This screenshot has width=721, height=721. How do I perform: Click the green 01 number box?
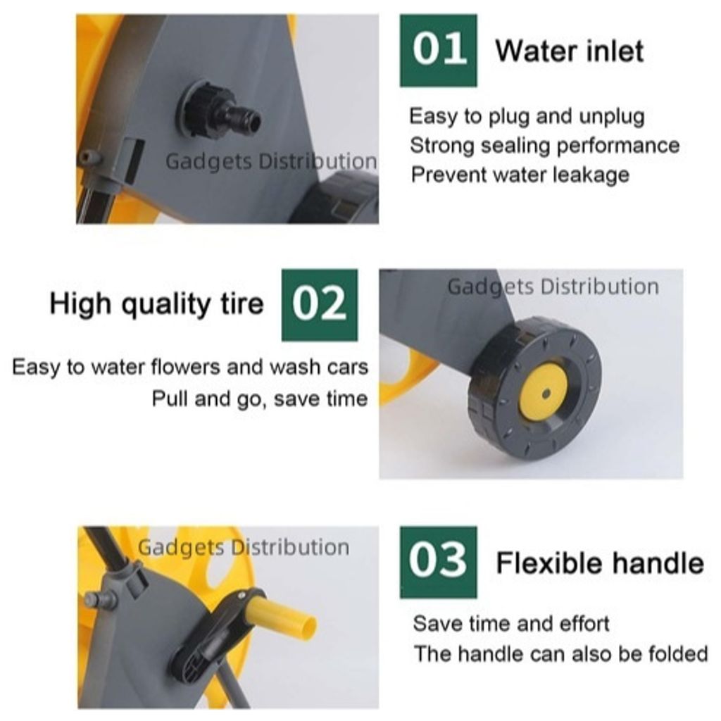click(x=438, y=51)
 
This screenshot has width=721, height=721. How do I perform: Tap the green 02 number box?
click(x=320, y=305)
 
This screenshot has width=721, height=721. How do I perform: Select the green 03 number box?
click(x=438, y=562)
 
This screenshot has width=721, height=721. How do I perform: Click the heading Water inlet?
click(x=569, y=51)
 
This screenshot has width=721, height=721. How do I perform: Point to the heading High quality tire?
click(x=156, y=304)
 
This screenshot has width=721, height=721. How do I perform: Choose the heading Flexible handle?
click(x=600, y=563)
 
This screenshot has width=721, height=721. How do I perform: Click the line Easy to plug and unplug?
click(x=527, y=117)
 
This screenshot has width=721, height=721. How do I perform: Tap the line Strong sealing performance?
click(x=544, y=146)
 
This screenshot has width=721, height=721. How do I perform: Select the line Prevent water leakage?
click(x=520, y=175)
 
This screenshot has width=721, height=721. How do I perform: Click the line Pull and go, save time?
click(x=260, y=399)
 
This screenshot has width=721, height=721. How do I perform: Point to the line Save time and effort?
click(x=511, y=624)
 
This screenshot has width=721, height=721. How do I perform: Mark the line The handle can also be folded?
click(x=560, y=653)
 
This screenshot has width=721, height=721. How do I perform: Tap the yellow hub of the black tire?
click(x=544, y=392)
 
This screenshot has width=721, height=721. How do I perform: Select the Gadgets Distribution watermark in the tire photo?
click(x=553, y=287)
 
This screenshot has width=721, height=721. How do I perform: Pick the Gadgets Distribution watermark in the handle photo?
click(x=244, y=548)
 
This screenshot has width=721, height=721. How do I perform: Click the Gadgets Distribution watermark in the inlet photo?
click(x=271, y=162)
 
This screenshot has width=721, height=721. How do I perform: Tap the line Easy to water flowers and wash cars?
click(x=190, y=368)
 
